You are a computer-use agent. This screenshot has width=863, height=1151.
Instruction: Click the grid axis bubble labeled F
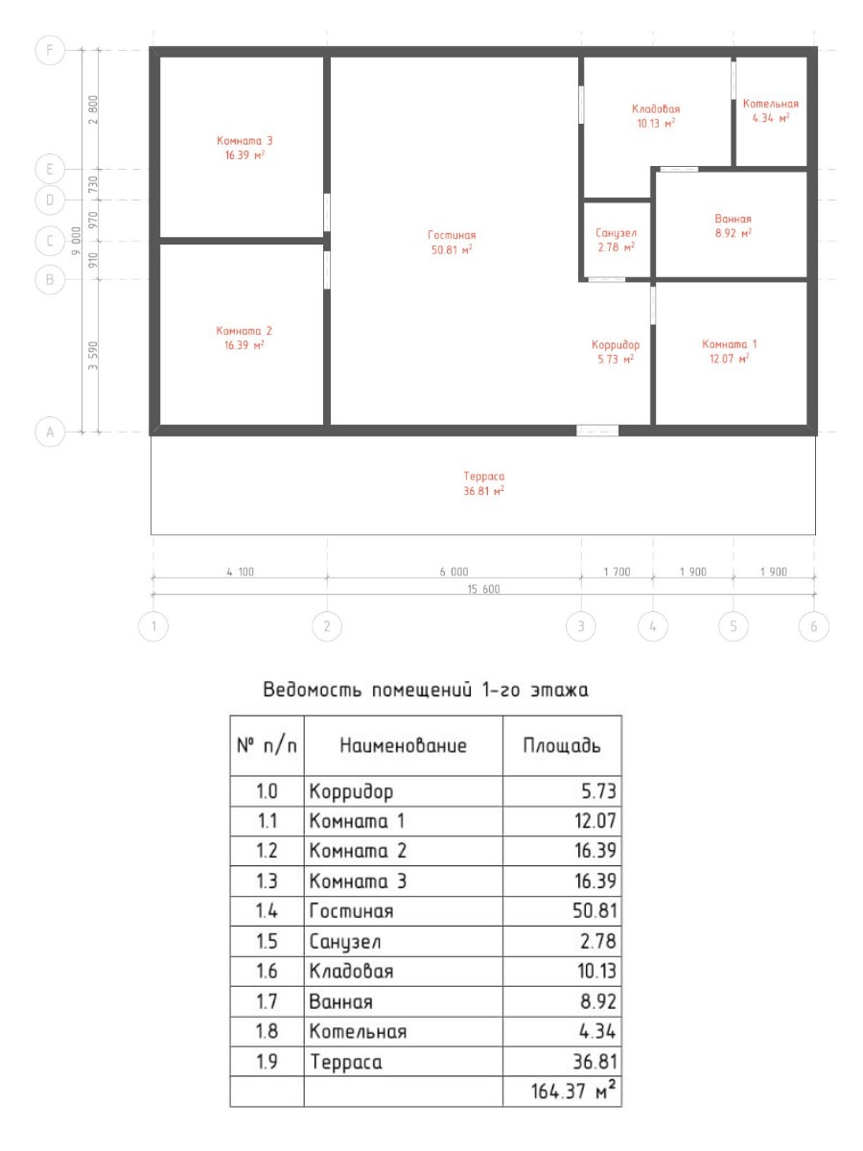pos(50,50)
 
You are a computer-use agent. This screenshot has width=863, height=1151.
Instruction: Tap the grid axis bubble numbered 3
pos(580,626)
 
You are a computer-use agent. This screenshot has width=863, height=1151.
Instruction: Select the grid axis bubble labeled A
pos(50,432)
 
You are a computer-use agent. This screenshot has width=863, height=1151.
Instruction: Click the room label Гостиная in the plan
pos(452,235)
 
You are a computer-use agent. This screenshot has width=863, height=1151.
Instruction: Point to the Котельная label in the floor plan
pos(770,104)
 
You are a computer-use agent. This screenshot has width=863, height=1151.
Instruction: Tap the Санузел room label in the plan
pos(617,233)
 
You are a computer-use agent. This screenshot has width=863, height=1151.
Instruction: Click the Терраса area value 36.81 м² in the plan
pos(483,491)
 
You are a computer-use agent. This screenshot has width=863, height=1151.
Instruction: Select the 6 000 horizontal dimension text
pos(454,572)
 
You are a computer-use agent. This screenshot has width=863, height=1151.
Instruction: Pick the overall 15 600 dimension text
pos(483,589)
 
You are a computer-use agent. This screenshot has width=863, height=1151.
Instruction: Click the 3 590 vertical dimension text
pos(93,356)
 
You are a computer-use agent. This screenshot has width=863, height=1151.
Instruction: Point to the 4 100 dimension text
pos(240,572)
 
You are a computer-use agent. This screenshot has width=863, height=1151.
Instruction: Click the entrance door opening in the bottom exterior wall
pos(597,431)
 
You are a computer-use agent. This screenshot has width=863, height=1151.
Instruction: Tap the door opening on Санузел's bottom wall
pos(606,279)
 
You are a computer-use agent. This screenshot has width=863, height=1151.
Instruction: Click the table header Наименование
pos(403,745)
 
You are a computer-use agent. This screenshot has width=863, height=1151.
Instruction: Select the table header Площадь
pos(562,745)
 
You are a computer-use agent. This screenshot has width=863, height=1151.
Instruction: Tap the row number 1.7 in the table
pos(267,1001)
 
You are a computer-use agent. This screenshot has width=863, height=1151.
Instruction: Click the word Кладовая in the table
pos(351,971)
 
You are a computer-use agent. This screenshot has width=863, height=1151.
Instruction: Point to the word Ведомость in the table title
pos(312,690)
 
